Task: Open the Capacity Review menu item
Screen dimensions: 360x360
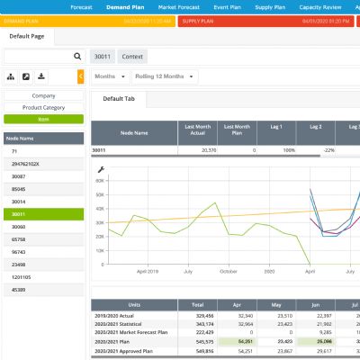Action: point(330,5)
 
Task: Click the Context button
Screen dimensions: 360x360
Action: point(133,56)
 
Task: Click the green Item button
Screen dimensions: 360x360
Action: point(43,119)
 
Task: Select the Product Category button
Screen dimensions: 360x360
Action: point(43,107)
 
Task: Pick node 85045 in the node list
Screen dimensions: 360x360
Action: point(19,189)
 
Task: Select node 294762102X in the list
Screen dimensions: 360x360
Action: point(25,164)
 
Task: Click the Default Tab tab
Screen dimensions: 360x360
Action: point(119,98)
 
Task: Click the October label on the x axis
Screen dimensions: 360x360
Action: point(227,270)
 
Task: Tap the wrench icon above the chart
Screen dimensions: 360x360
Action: point(100,169)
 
